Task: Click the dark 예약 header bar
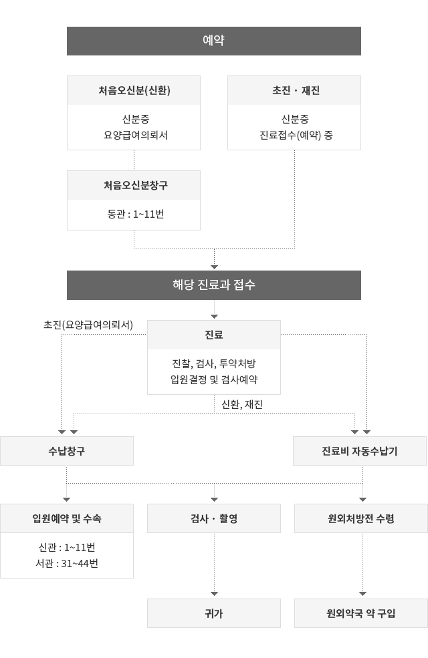[214, 41]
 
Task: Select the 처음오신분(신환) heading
[134, 91]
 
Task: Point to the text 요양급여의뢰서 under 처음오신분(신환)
[135, 135]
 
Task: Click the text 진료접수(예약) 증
[296, 135]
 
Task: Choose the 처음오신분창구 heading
[136, 185]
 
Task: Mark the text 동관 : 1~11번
[136, 214]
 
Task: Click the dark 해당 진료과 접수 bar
[214, 285]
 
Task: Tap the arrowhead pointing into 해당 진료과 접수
[214, 267]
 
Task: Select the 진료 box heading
[214, 335]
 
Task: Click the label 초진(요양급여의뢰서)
[88, 325]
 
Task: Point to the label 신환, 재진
[242, 405]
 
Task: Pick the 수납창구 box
[67, 451]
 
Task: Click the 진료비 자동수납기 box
[360, 451]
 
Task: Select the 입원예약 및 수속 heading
[67, 518]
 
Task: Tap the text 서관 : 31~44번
[67, 564]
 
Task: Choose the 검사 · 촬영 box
[214, 518]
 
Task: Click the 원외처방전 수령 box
[361, 518]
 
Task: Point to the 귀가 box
[214, 613]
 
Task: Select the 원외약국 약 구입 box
[361, 613]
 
